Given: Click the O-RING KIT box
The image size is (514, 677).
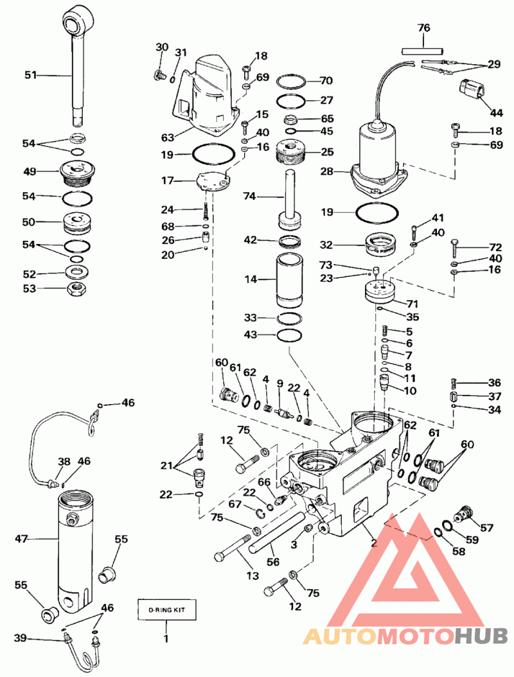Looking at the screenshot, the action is click(x=166, y=609).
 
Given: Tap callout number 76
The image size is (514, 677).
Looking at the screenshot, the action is click(x=423, y=28).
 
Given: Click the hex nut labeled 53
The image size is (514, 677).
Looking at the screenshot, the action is click(x=76, y=288).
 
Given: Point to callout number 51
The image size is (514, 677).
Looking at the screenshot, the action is click(x=30, y=75).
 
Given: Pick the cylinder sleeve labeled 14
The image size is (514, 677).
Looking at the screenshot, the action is click(x=289, y=280).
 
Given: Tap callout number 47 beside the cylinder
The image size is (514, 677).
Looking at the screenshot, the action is click(x=21, y=538).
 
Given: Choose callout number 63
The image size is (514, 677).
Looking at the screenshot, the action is click(x=168, y=137).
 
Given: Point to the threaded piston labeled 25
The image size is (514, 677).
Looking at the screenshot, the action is click(x=292, y=154).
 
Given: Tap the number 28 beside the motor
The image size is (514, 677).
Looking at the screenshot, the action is click(x=327, y=171).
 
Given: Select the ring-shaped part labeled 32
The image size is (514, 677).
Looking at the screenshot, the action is click(x=380, y=246).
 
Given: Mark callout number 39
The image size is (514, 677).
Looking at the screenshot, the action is click(x=21, y=638).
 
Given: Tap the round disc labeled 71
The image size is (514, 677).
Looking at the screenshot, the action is click(x=380, y=292).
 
